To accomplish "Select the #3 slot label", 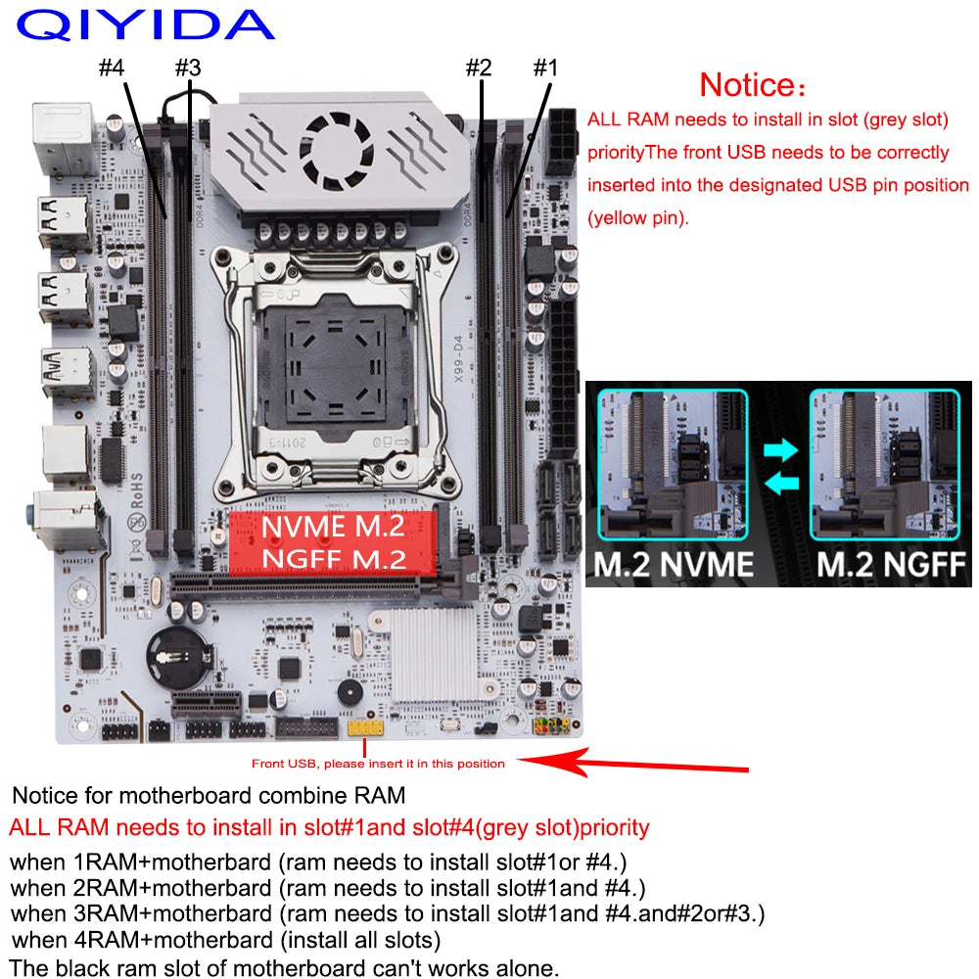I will pyautogui.click(x=187, y=69).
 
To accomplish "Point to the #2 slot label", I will pyautogui.click(x=477, y=69).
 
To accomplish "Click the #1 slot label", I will pyautogui.click(x=544, y=69).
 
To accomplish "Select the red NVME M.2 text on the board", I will pyautogui.click(x=332, y=527).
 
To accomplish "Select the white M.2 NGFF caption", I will pyautogui.click(x=891, y=564).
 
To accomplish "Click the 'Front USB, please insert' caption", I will pyautogui.click(x=377, y=764).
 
